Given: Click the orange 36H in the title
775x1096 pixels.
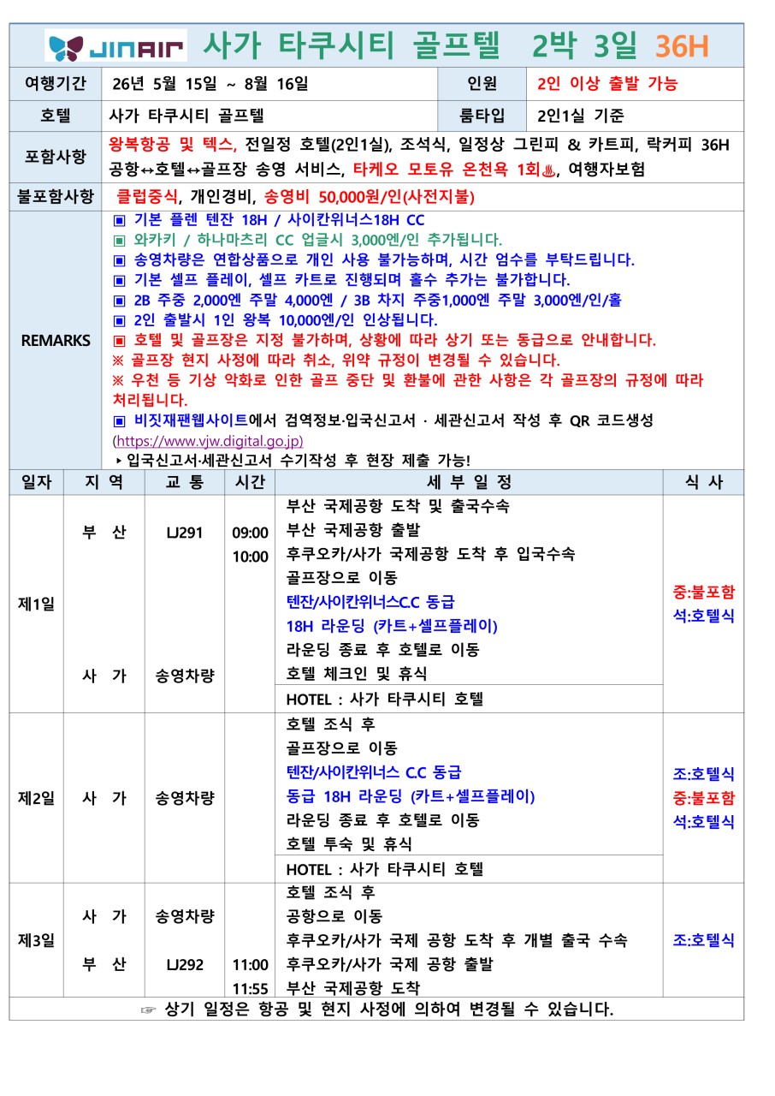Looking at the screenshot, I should pos(682,45).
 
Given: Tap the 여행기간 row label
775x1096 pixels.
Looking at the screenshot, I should pos(55,84).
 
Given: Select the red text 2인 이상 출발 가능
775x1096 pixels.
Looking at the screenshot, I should pos(607,84).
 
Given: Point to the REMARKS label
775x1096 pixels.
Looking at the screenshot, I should pos(55,340).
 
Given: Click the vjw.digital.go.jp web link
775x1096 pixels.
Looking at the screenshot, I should pos(209,442).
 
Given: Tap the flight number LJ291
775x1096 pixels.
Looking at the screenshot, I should pos(185,533).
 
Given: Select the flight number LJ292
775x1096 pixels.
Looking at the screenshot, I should pos(185,964).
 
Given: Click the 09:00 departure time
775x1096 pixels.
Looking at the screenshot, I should pos(250,533).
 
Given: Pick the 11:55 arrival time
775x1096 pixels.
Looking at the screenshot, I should pos(250,988).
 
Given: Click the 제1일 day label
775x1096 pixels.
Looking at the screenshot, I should pos(36,604).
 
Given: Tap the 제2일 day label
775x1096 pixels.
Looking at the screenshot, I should pos(36,798).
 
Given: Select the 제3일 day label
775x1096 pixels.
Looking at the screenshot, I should pos(36,940).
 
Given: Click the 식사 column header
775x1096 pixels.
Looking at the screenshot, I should pos(703,482).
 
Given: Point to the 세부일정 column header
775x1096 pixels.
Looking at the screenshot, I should pos(469,482).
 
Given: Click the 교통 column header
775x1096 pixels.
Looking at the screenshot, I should pos(185,482).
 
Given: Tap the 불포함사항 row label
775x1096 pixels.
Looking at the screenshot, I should pos(55,196).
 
